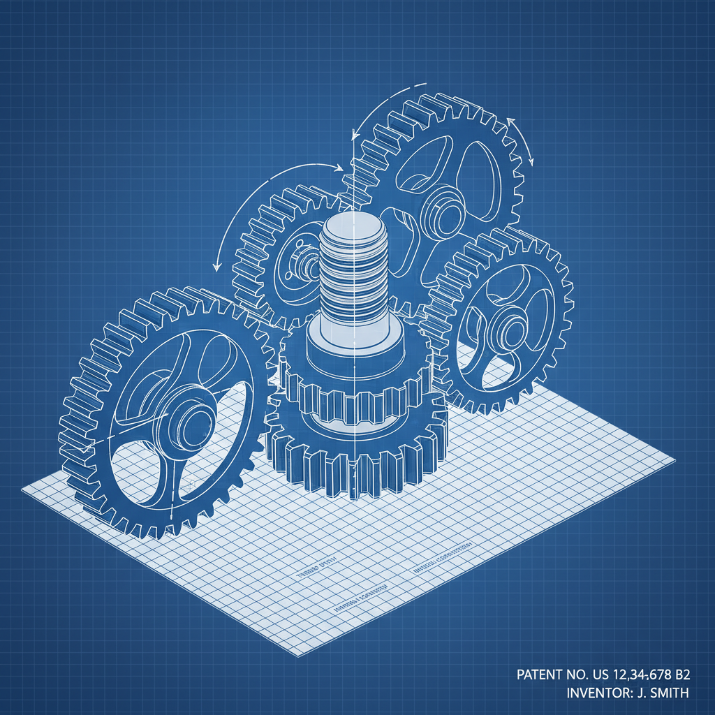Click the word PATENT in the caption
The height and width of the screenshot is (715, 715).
tap(538, 675)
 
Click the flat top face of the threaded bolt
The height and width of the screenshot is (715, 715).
tap(353, 226)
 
